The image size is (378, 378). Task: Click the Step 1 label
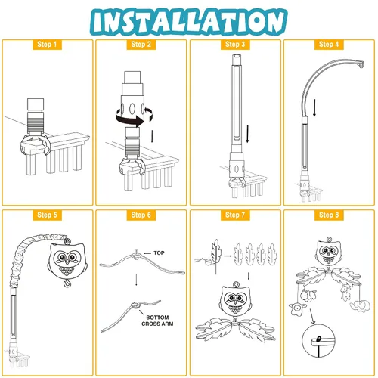(47, 45)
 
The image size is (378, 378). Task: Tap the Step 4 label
(329, 45)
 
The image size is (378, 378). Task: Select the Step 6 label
(141, 215)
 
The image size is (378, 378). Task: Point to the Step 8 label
(329, 215)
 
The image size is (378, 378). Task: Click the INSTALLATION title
(189, 21)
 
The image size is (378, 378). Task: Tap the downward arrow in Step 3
(248, 134)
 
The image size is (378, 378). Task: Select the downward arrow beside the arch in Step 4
(314, 108)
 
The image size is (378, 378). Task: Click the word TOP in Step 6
(159, 253)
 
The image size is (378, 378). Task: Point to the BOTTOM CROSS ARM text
(157, 321)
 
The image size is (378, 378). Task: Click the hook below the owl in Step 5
(67, 283)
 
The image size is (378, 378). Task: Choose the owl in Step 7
(236, 300)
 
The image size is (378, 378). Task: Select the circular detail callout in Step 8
(318, 341)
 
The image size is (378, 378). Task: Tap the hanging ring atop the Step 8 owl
(329, 239)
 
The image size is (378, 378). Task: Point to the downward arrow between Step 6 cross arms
(136, 280)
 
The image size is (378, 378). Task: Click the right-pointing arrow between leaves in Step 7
(228, 256)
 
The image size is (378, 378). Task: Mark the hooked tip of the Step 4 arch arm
(361, 64)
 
